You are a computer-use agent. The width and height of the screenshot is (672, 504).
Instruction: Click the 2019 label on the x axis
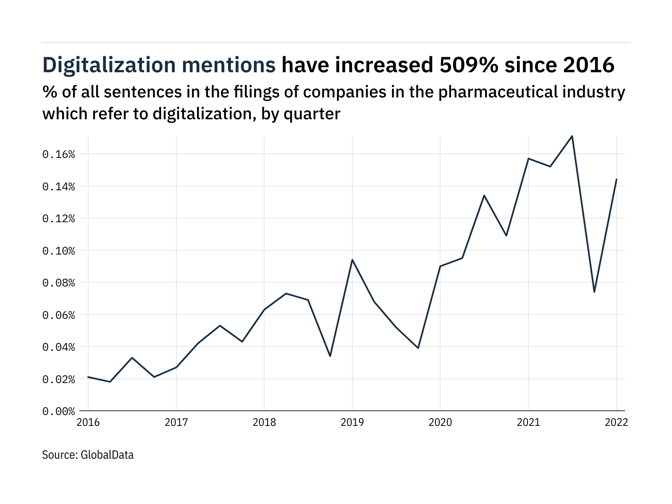coord(352,423)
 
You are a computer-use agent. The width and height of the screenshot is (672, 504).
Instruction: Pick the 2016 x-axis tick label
coord(88,423)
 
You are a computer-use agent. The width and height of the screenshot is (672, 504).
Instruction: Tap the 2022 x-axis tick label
coord(616,423)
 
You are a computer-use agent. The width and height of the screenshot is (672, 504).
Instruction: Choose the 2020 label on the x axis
coord(440,423)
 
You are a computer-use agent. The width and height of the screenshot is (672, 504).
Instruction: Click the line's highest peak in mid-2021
coord(572,136)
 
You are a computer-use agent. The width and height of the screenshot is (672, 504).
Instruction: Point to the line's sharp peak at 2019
coord(352,260)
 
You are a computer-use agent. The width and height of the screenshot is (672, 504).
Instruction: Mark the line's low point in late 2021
coord(594,292)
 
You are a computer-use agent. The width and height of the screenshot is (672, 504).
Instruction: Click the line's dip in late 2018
coord(330,356)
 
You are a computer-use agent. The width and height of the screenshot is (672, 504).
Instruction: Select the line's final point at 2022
coord(616,179)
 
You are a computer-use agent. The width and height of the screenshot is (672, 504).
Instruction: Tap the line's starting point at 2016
coord(88,377)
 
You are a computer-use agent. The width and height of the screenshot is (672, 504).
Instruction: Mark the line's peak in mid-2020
coord(484,195)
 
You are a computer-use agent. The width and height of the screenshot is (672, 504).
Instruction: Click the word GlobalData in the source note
coord(107,455)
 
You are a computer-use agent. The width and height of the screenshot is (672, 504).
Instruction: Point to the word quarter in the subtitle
coord(312,114)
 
